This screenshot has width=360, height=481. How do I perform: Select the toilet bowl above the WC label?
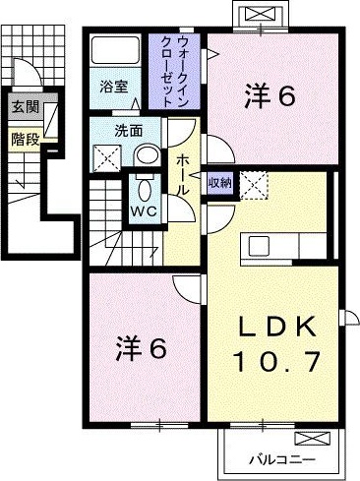click(143, 188)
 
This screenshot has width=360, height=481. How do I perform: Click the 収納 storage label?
click(218, 184)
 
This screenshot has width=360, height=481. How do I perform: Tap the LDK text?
click(274, 326)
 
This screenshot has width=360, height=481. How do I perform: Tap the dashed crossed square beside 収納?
click(252, 184)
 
